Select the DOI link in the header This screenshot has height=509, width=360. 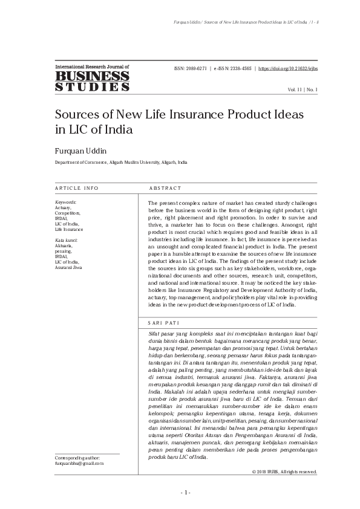click(288, 68)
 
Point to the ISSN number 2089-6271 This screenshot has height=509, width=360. click(192, 68)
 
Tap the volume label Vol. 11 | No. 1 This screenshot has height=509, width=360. click(303, 89)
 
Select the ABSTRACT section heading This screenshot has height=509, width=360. click(166, 188)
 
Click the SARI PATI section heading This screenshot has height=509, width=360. click(162, 323)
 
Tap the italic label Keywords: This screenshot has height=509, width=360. click(65, 202)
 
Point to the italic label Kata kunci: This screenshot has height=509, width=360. click(66, 241)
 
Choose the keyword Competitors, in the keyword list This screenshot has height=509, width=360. click(67, 213)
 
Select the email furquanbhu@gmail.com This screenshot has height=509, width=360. click(79, 463)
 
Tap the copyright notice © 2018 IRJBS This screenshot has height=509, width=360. click(284, 471)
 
